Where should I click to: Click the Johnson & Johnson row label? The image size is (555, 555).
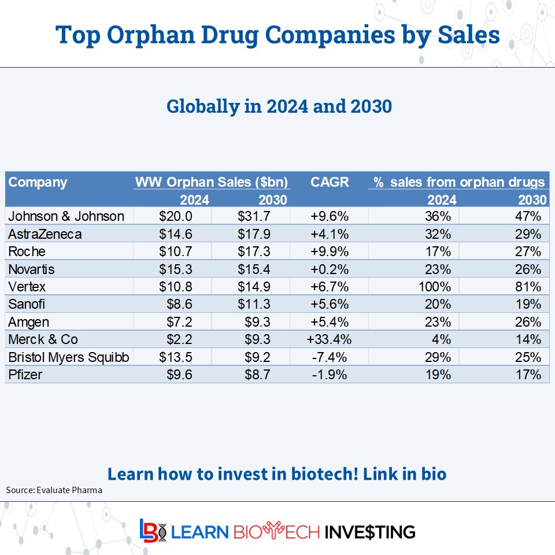(66, 216)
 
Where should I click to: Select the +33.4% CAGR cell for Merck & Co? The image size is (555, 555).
(329, 339)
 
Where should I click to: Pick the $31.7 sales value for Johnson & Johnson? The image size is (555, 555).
(254, 216)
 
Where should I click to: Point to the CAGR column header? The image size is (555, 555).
(330, 182)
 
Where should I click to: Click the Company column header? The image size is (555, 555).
(38, 182)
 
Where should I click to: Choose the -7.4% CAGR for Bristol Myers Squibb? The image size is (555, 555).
(329, 357)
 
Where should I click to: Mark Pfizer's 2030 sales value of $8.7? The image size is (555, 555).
(254, 375)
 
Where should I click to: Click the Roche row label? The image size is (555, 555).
(27, 251)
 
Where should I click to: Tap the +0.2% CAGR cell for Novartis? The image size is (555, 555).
(329, 269)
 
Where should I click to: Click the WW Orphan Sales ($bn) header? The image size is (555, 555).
(212, 182)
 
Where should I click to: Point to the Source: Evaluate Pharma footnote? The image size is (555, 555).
(54, 490)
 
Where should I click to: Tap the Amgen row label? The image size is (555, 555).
(29, 322)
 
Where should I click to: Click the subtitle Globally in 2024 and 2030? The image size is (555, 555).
(279, 106)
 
